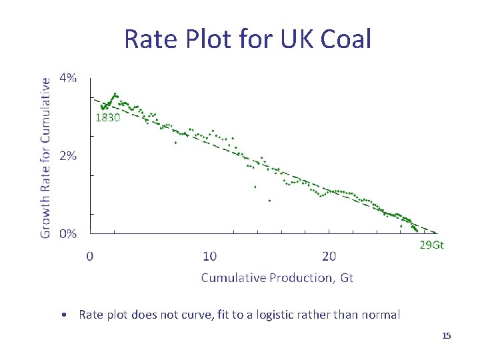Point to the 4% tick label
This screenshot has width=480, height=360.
pos(68,78)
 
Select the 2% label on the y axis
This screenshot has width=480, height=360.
pos(68,156)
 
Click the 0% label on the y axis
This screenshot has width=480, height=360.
pos(68,234)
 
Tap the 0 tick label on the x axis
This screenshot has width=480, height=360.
pos(90,256)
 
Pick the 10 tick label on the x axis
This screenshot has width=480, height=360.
pos(209,256)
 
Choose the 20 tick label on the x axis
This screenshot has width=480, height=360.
pos(329,256)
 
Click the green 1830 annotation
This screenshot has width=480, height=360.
pos(107,118)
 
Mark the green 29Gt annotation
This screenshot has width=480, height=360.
pos(431,245)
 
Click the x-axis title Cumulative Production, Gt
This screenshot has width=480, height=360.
pos(277,277)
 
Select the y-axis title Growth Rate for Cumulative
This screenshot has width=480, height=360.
pos(45,157)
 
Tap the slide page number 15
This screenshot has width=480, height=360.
pos(447,336)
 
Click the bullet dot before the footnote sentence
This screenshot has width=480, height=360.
pos(61,315)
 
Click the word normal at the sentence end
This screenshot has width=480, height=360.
pos(382,315)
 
